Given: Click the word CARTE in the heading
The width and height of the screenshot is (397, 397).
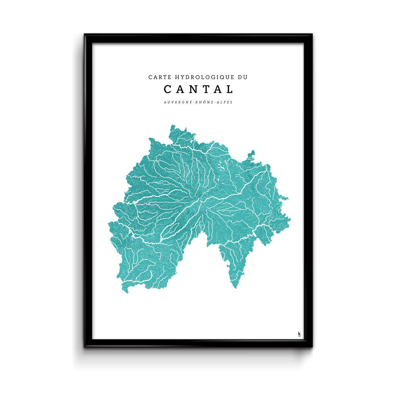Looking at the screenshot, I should tap(158, 77).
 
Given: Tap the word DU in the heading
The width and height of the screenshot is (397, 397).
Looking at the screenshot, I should tap(242, 77).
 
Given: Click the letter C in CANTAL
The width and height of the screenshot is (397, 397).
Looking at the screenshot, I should tap(168, 89).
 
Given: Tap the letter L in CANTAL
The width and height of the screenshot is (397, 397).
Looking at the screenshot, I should tap(230, 89).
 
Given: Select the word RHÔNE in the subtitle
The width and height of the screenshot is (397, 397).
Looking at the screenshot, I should tap(206, 102).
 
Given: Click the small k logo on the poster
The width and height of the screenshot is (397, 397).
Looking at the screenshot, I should tap(299, 334).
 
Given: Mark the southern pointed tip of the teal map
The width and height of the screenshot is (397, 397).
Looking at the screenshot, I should tap(235, 287).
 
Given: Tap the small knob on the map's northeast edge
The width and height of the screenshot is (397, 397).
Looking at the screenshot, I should tap(251, 152).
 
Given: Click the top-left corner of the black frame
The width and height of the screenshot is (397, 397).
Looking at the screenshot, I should tap(85, 35).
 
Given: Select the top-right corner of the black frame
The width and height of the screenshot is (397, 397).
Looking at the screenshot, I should tap(312, 35).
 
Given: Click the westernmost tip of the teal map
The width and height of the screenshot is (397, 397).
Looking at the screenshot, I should tap(109, 224).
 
